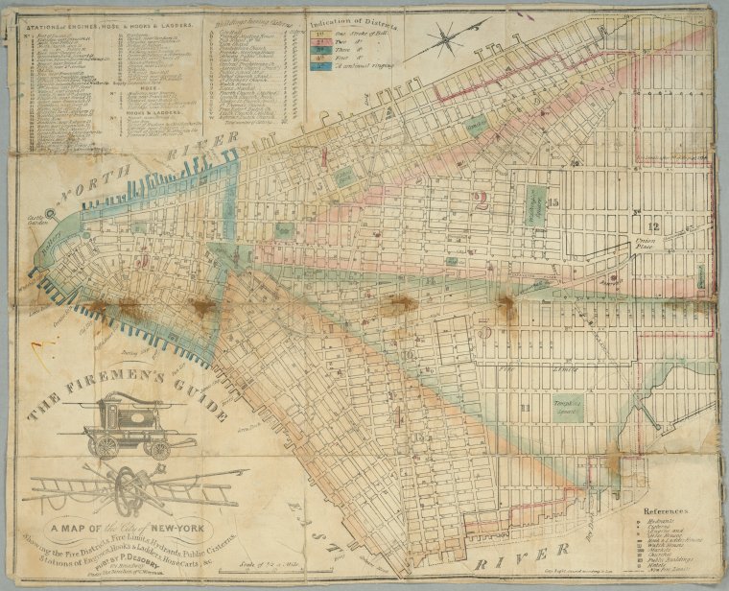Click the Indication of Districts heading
pos(351,18)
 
